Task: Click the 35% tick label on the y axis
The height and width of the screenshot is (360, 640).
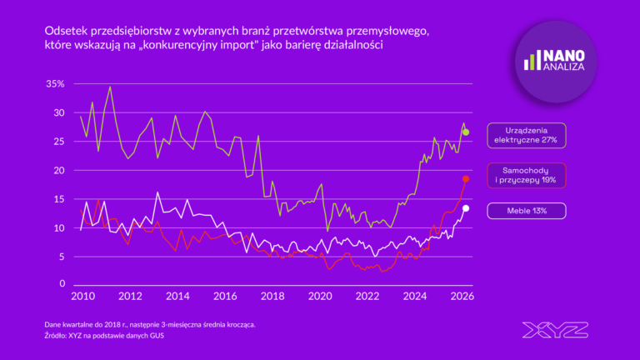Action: click(54, 84)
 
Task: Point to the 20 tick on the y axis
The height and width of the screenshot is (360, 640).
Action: click(57, 170)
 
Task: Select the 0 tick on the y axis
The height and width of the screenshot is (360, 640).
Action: click(61, 284)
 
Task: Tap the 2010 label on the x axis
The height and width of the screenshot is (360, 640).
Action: click(81, 296)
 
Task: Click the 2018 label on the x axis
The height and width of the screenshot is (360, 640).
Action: click(272, 296)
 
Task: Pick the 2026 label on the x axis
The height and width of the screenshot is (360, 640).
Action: click(462, 296)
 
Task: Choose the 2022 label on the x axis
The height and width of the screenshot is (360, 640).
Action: click(367, 296)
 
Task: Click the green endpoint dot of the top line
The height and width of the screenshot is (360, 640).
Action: click(466, 132)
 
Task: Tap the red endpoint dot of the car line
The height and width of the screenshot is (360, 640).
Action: click(466, 179)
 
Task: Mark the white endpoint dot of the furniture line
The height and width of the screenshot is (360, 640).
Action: click(466, 208)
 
